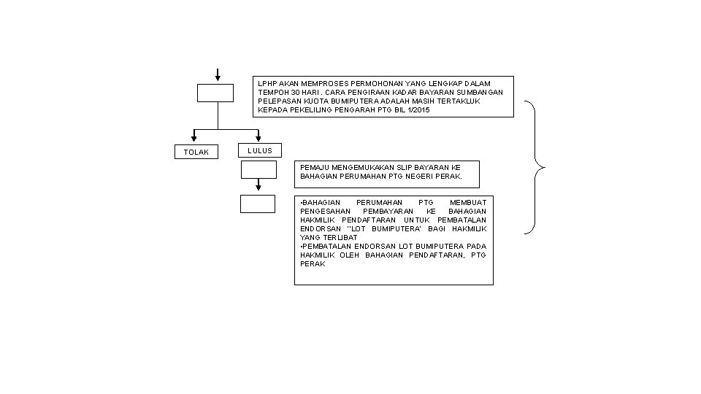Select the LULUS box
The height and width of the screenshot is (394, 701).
click(260, 150)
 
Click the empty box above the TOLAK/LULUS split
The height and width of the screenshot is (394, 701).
click(215, 93)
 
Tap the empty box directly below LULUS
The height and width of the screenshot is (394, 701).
click(258, 169)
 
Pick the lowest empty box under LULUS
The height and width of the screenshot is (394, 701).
click(258, 204)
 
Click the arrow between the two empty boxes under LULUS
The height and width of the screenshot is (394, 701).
click(258, 187)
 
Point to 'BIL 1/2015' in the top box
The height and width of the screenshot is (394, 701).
click(410, 110)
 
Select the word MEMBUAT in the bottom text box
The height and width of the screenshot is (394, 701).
click(467, 201)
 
